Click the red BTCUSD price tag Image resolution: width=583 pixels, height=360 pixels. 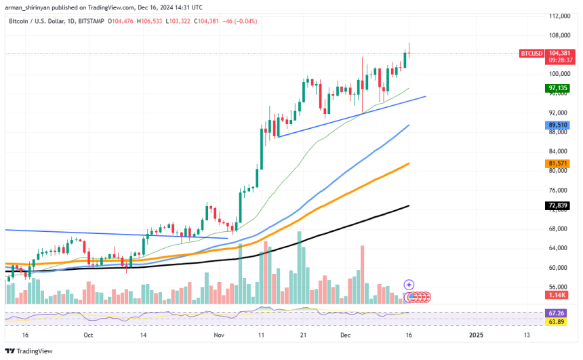pyautogui.click(x=531, y=53)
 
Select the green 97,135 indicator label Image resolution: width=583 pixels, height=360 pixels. pyautogui.click(x=557, y=88)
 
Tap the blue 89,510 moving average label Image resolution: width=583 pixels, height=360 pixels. pyautogui.click(x=557, y=125)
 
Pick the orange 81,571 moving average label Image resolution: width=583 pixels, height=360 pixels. pyautogui.click(x=557, y=163)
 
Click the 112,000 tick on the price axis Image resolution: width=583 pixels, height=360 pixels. pyautogui.click(x=559, y=16)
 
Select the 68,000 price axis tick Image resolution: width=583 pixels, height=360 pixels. pyautogui.click(x=557, y=228)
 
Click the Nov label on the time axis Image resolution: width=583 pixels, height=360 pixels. pyautogui.click(x=218, y=335)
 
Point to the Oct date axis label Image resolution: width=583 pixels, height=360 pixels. pyautogui.click(x=89, y=335)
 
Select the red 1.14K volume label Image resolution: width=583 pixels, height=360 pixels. pyautogui.click(x=557, y=296)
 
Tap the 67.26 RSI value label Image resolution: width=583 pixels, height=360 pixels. pyautogui.click(x=557, y=314)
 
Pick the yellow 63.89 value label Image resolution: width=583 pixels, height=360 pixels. pyautogui.click(x=557, y=322)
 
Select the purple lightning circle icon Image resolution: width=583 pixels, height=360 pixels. pyautogui.click(x=409, y=285)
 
